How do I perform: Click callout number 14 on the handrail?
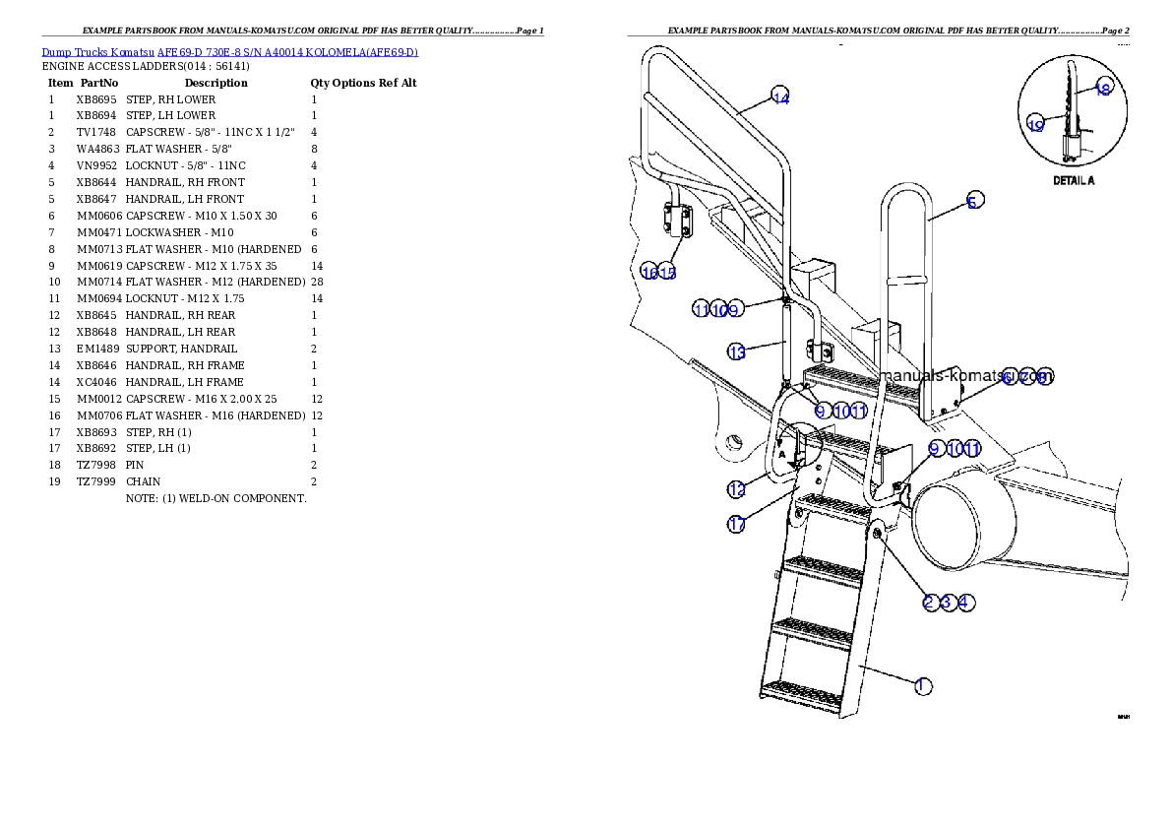[x=780, y=96]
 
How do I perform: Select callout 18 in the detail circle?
[x=1103, y=89]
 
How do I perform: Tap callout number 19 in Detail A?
[x=1035, y=125]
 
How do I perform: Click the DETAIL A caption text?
[x=1074, y=181]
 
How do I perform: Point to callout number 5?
[x=972, y=202]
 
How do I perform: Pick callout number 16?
[x=649, y=273]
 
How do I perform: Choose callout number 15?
[x=668, y=273]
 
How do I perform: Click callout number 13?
[x=737, y=351]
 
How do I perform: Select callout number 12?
[x=737, y=488]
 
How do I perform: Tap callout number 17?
[x=737, y=525]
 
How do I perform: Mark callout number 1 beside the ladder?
[x=922, y=686]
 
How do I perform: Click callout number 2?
[x=930, y=603]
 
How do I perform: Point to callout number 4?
[x=966, y=603]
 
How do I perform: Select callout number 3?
[x=948, y=603]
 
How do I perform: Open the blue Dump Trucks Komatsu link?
[x=229, y=52]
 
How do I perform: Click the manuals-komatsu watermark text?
[x=964, y=375]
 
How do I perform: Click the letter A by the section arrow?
[x=781, y=455]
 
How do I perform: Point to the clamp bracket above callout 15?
[x=675, y=221]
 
